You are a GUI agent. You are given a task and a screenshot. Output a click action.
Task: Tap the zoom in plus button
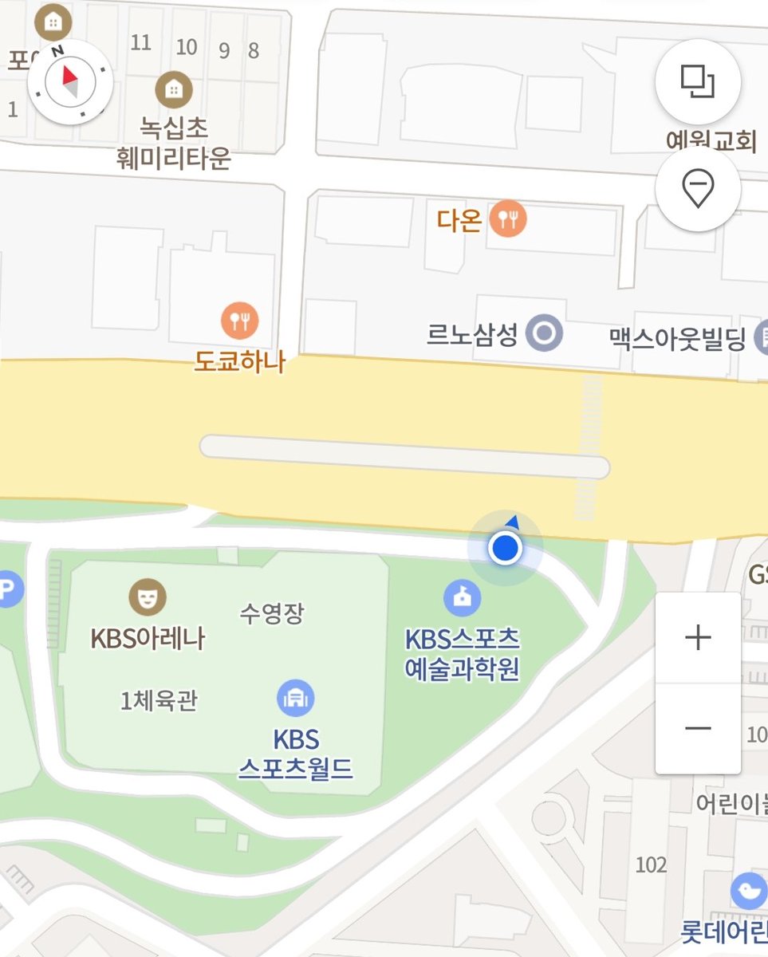698,638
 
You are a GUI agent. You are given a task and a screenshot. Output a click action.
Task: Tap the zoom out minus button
698,728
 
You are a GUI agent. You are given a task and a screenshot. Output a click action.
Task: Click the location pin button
698,190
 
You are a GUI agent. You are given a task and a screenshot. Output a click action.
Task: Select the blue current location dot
505,549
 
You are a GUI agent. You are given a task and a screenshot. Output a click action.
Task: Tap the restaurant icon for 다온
508,218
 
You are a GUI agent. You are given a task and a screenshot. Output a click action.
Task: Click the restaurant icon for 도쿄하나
239,321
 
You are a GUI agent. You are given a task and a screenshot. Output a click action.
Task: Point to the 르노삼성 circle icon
545,334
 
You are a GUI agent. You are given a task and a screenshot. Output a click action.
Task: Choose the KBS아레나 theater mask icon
148,597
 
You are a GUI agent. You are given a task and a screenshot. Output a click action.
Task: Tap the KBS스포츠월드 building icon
295,699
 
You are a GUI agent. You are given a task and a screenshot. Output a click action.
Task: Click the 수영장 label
272,613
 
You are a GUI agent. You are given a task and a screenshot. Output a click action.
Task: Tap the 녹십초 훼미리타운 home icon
173,89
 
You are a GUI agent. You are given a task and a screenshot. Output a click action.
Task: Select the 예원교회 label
711,142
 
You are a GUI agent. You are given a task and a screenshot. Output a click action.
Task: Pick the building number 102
651,864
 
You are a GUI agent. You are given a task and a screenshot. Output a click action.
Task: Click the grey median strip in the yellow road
404,457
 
